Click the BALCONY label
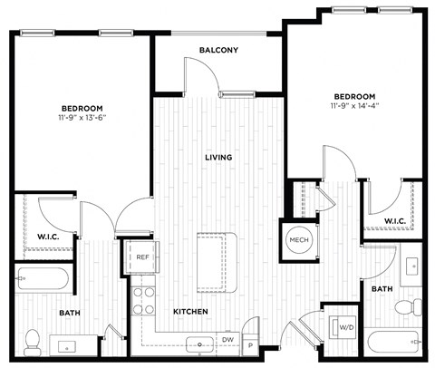tap(218, 50)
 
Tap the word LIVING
tap(218, 157)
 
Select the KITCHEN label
tap(191, 312)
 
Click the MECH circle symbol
tap(298, 239)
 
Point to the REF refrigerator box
tap(142, 257)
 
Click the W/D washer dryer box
tap(346, 326)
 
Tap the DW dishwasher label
tap(229, 341)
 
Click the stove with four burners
tap(144, 299)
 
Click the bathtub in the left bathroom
tap(43, 276)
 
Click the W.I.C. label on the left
tap(49, 237)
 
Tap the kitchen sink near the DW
tap(196, 344)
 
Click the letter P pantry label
tap(249, 344)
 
